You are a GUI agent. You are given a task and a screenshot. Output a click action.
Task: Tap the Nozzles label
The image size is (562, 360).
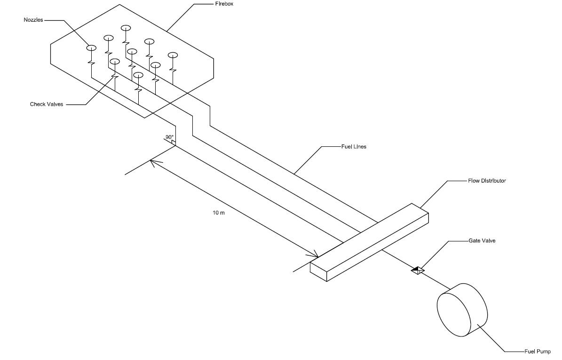pos(34,20)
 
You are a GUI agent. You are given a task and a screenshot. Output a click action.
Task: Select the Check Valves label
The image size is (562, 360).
pos(46,104)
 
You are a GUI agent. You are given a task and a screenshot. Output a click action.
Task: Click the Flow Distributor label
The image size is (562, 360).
pos(487,181)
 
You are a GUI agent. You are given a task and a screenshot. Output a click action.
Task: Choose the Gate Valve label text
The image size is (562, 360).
pos(482,241)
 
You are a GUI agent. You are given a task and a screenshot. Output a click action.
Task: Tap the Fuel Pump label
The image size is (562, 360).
pos(537,352)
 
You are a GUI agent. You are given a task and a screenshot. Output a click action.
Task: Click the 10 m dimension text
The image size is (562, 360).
pos(219,213)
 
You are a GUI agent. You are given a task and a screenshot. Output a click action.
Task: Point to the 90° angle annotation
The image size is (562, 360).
pos(169,137)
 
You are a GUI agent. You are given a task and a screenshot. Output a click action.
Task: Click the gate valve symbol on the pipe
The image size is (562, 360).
pos(417,270)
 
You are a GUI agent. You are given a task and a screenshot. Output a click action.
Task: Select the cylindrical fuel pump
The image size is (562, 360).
pos(462,309)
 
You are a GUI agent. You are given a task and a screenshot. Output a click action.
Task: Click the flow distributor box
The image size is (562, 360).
pos(369,242)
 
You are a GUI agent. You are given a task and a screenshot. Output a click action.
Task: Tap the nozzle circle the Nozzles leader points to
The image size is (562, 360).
pos(91,48)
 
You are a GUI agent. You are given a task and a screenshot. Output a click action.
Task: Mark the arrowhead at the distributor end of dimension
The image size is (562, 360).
pos(315,255)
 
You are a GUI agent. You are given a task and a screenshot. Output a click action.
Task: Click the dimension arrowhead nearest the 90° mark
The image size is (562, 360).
pos(154,162)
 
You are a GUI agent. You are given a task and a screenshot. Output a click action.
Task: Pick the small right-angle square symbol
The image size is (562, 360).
pos(174,142)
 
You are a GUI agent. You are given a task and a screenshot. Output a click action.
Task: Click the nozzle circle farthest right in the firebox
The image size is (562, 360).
pos(173,55)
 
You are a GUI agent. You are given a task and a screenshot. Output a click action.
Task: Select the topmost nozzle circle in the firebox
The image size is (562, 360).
pos(126,28)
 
